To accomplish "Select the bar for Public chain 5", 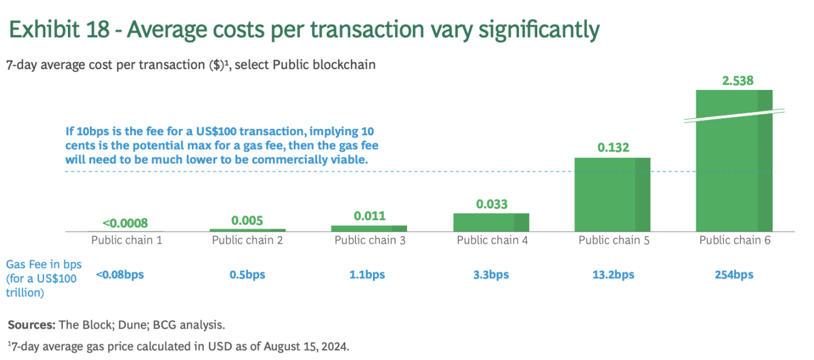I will click(x=612, y=194).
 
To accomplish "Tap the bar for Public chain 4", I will click(x=491, y=222).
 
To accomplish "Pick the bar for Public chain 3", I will click(x=369, y=228).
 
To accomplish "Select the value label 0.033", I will click(x=491, y=204).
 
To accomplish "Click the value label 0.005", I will click(x=247, y=220).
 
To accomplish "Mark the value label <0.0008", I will click(x=125, y=223).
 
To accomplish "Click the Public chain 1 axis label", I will click(x=126, y=240).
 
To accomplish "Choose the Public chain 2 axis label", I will click(x=247, y=240).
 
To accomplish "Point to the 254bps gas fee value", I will click(x=734, y=274).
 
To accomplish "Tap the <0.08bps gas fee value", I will click(x=120, y=274).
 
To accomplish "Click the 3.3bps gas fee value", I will click(x=491, y=274).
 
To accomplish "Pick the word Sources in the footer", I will click(x=31, y=325).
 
